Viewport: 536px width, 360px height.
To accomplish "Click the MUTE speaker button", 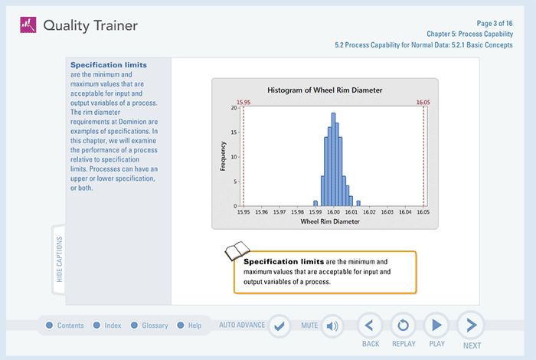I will pyautogui.click(x=332, y=326).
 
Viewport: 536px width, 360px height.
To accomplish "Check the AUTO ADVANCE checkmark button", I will pyautogui.click(x=279, y=326).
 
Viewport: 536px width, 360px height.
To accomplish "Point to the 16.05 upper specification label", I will pyautogui.click(x=423, y=102).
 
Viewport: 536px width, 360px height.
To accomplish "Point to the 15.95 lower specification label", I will pyautogui.click(x=243, y=102).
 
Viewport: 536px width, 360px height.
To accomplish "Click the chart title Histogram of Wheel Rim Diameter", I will pyautogui.click(x=325, y=90).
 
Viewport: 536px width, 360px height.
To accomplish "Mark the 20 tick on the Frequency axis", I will pyautogui.click(x=234, y=108).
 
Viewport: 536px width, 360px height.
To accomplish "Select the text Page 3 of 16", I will pyautogui.click(x=502, y=24).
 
